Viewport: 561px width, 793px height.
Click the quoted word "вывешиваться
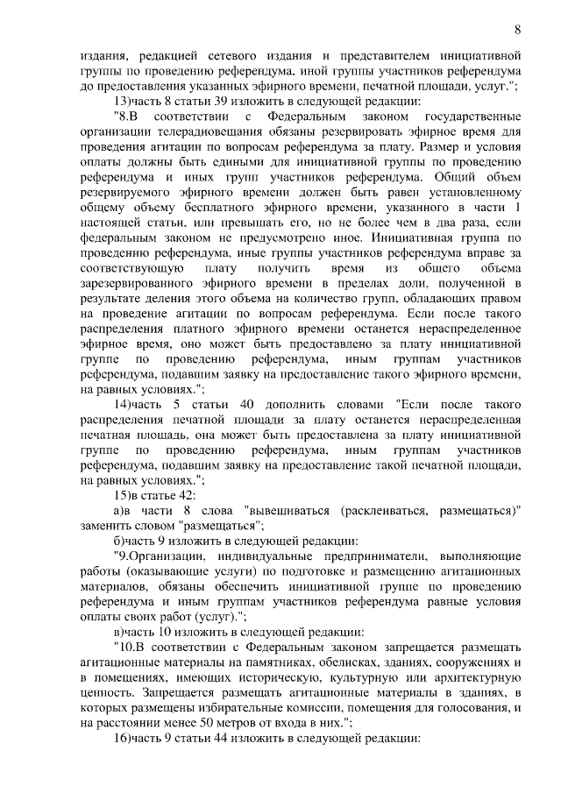291,510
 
